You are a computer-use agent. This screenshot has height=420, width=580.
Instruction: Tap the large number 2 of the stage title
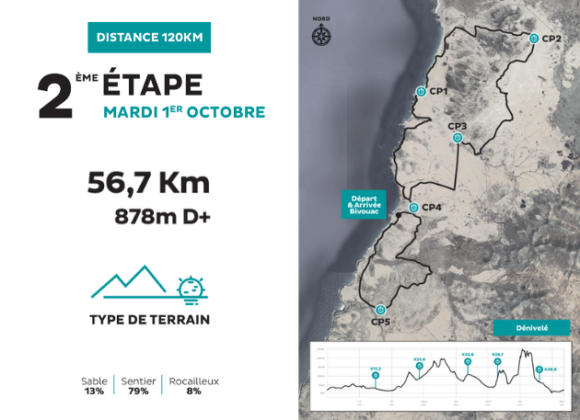55,96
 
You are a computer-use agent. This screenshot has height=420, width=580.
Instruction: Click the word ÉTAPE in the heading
152,85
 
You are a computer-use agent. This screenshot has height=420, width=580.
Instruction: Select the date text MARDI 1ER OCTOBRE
184,112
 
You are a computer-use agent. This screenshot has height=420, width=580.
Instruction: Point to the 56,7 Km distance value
148,183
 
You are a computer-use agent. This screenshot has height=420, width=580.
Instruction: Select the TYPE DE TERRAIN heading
149,320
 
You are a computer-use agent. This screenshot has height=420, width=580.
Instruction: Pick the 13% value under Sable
94,391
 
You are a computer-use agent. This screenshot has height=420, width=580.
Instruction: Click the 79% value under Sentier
137,391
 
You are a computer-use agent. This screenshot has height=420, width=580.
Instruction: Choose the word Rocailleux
193,380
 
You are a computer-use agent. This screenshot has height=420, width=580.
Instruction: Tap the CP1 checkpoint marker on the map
421,91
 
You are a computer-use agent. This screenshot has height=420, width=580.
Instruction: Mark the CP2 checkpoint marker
534,38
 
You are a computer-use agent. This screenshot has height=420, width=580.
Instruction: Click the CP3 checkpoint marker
458,138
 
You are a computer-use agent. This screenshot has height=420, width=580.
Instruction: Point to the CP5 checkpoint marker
380,309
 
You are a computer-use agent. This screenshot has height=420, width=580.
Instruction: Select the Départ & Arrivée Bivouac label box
363,203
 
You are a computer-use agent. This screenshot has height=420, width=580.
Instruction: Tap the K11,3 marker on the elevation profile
375,375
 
